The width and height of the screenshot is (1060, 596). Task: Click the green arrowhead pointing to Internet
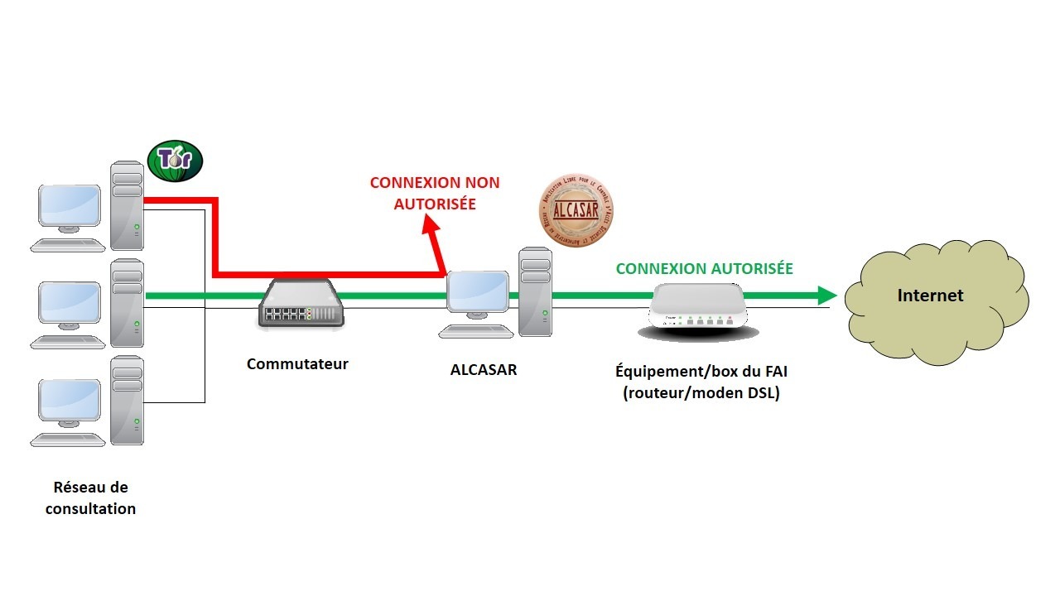pos(826,296)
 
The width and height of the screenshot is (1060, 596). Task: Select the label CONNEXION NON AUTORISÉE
pos(435,192)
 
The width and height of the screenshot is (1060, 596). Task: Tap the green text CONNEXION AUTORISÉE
pos(704,268)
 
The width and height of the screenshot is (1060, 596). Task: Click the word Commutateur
pos(297,363)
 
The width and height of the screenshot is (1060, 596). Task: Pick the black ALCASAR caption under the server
pos(484,370)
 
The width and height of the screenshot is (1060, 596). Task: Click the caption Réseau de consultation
pos(90,498)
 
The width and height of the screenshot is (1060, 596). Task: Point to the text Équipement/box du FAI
pos(701,372)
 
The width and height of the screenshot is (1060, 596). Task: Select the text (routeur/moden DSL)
pos(701,393)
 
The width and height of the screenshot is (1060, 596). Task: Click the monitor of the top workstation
pos(70,206)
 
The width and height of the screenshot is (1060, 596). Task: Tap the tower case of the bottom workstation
pos(128,401)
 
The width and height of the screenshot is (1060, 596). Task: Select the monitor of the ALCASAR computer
pos(479,293)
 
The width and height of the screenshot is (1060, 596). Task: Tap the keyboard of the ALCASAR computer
pos(475,331)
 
